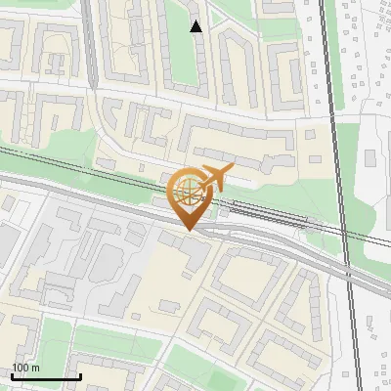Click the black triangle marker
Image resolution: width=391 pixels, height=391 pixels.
pyautogui.click(x=196, y=26)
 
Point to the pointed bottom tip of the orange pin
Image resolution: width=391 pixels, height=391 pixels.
pyautogui.click(x=189, y=230)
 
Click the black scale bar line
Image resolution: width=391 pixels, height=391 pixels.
pyautogui.click(x=45, y=376)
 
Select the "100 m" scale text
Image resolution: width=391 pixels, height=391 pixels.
pyautogui.click(x=26, y=368)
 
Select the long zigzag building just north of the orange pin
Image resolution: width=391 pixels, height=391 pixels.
pyautogui.click(x=235, y=147)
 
